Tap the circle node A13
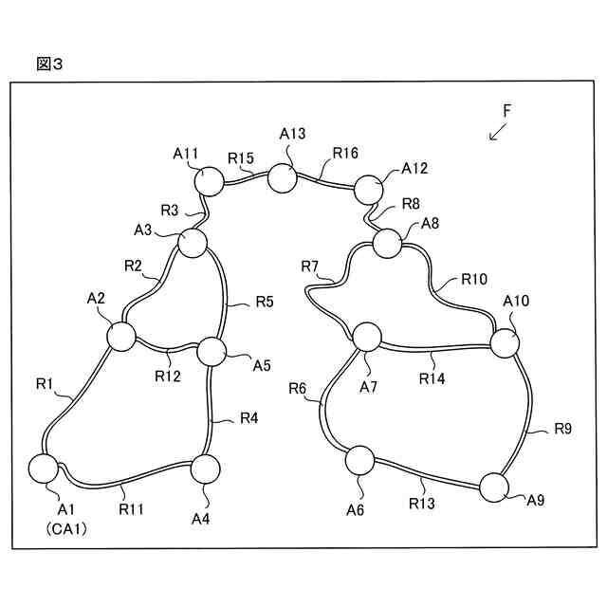coord(282,177)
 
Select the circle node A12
coord(369,190)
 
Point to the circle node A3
coord(193,242)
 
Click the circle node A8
coord(388,244)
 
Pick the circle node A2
coord(121,335)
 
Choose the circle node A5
coord(211,351)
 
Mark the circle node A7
coord(366,337)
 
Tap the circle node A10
coord(505,343)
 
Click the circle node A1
coord(44,469)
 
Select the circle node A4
coord(205,469)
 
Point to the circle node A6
coord(359,461)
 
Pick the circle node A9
coord(494,487)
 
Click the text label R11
coord(132,508)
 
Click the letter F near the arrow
coord(507,111)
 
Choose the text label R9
coord(562,430)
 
